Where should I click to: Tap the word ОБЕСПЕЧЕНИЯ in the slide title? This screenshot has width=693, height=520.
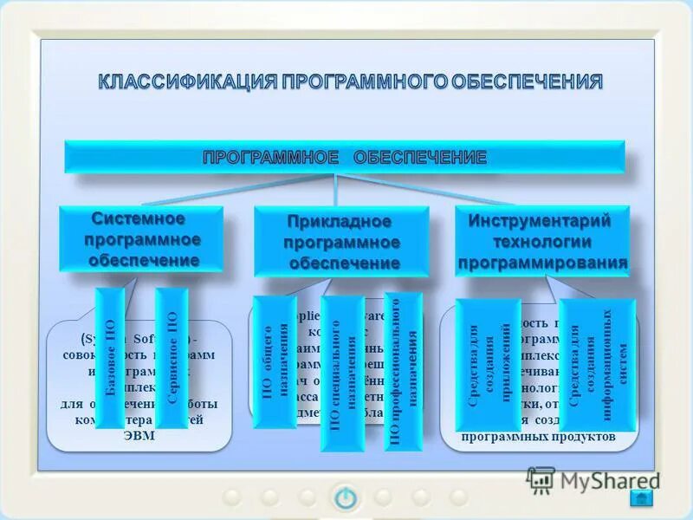525,82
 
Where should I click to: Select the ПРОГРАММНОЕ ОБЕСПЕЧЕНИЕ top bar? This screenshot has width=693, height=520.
345,157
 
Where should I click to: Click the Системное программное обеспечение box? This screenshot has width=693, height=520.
141,238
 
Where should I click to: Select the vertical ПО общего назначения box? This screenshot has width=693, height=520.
274,361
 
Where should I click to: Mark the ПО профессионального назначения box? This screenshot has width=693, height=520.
403,371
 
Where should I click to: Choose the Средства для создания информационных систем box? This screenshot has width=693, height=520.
597,364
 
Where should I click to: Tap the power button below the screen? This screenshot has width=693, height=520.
345,497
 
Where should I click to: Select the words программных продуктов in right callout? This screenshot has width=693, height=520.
538,437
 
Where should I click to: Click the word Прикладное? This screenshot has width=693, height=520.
340,223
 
